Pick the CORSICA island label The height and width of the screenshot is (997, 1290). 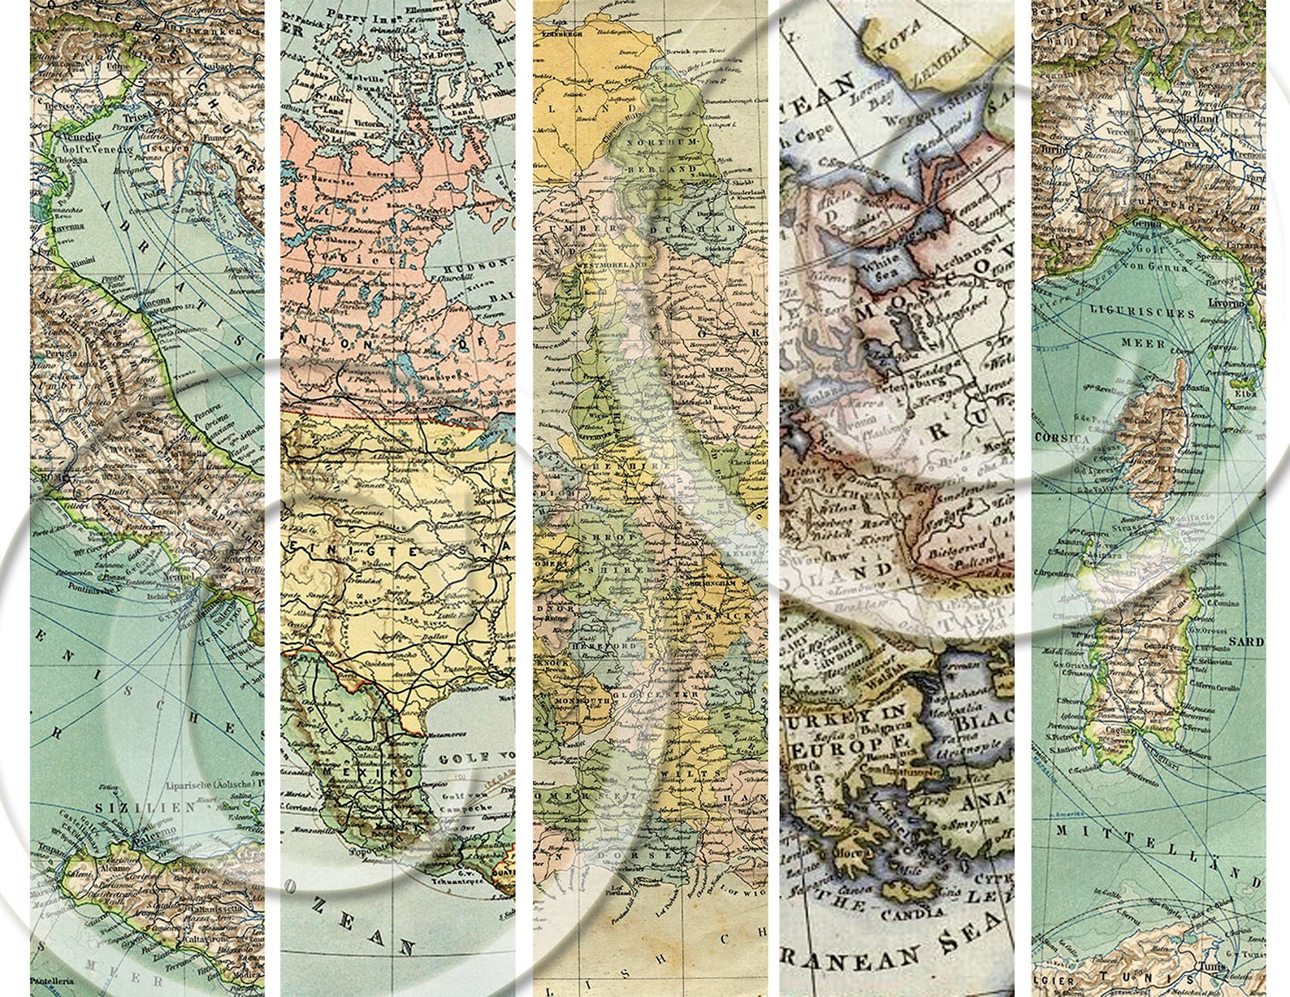point(1063,439)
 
